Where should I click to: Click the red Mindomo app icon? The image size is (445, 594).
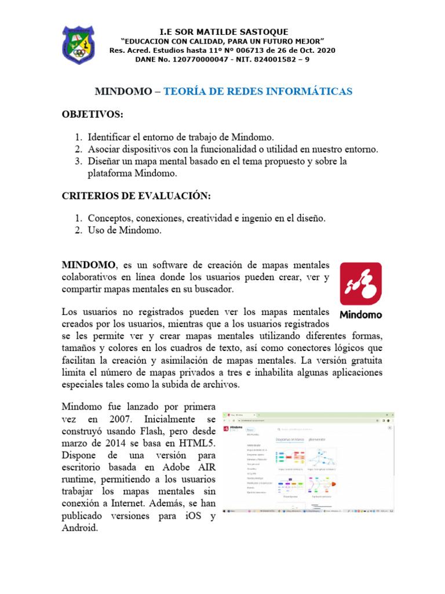360,284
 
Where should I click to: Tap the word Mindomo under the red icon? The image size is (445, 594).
360,316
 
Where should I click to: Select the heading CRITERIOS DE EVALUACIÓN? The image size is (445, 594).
135,195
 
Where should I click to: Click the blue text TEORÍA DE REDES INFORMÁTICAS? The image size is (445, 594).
258,92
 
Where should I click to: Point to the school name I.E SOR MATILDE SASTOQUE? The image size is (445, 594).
223,31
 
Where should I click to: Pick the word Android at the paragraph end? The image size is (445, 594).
81,528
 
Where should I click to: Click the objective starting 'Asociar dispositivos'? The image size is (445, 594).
232,149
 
